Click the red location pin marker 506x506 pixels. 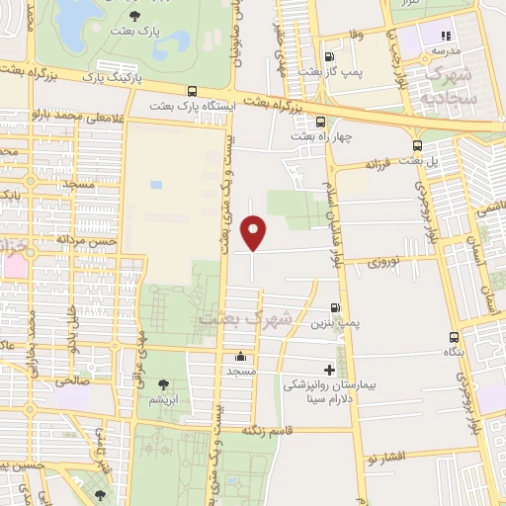254,232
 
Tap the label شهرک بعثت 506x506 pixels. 246,319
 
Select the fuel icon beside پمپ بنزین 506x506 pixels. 336,307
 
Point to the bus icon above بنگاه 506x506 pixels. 454,337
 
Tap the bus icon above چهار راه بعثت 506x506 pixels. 318,122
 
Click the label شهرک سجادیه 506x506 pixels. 449,86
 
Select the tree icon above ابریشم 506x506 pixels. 163,384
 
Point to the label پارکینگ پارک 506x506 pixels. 113,75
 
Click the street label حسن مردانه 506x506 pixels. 87,239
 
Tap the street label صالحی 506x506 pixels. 72,379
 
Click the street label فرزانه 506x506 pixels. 379,163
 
